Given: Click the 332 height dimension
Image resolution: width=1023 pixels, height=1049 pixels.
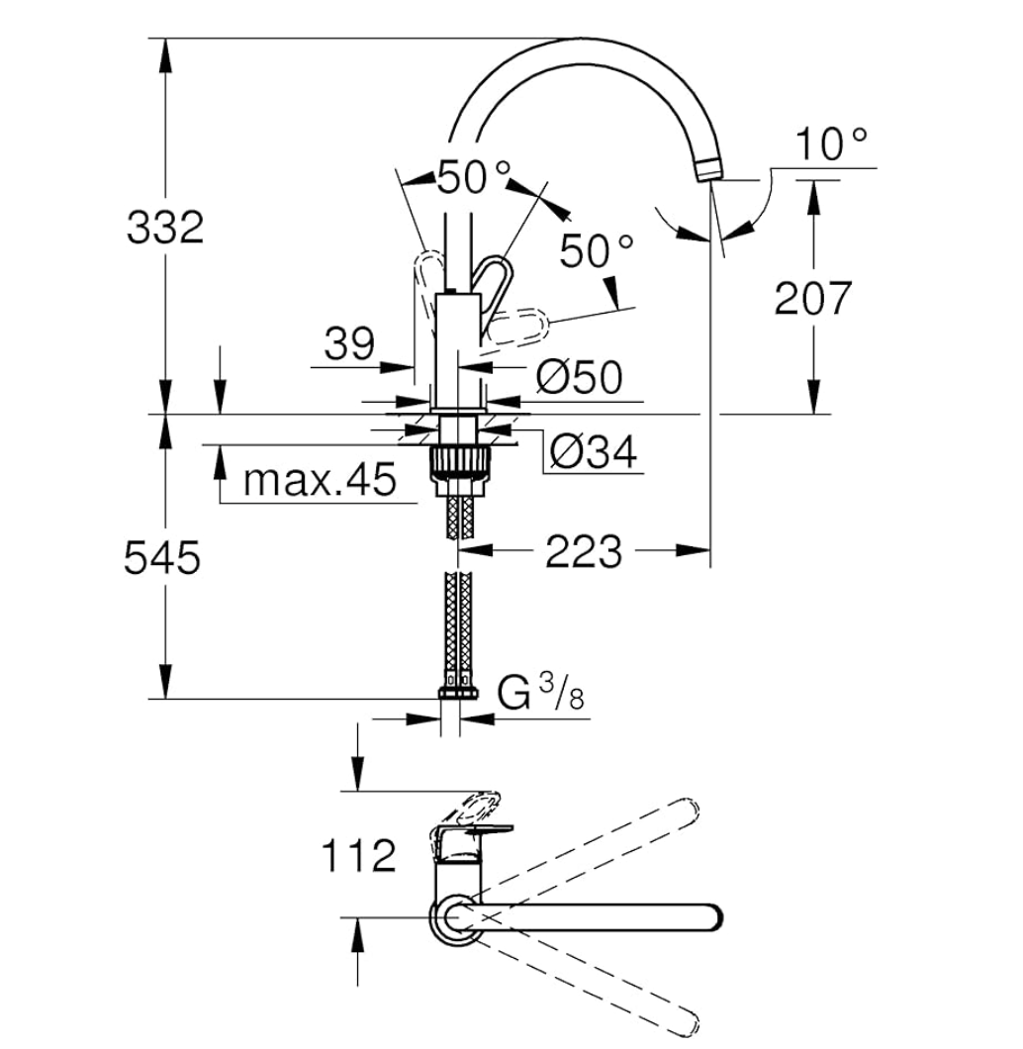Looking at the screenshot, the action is [165, 228].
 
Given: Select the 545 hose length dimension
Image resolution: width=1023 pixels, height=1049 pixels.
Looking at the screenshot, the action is [162, 557].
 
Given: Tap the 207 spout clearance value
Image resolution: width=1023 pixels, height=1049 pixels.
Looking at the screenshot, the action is [813, 299].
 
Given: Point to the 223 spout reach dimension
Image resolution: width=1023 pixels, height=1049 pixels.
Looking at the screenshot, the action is [584, 552].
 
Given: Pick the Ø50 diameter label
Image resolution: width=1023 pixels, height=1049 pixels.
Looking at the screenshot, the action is [580, 377].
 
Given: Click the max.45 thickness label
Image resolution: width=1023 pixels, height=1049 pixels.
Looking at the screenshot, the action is [320, 480].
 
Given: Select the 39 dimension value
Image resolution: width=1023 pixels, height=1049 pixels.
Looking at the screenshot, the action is [349, 343].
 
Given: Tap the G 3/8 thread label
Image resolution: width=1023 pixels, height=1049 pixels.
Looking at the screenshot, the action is [540, 694].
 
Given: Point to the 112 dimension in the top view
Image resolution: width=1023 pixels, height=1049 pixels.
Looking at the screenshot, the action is [359, 855].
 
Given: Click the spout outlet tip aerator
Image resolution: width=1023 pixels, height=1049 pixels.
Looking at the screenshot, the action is [709, 170].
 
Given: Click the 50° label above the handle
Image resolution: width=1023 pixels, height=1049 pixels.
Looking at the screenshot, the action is [473, 178].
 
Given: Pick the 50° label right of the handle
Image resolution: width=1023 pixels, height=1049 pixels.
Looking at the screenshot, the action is [596, 251].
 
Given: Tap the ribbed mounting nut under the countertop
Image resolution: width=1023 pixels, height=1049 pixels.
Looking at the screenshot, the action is [459, 461].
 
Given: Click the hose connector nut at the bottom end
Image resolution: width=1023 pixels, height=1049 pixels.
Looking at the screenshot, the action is [458, 693].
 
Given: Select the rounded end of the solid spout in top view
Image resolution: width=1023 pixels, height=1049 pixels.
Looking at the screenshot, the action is [713, 917].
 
